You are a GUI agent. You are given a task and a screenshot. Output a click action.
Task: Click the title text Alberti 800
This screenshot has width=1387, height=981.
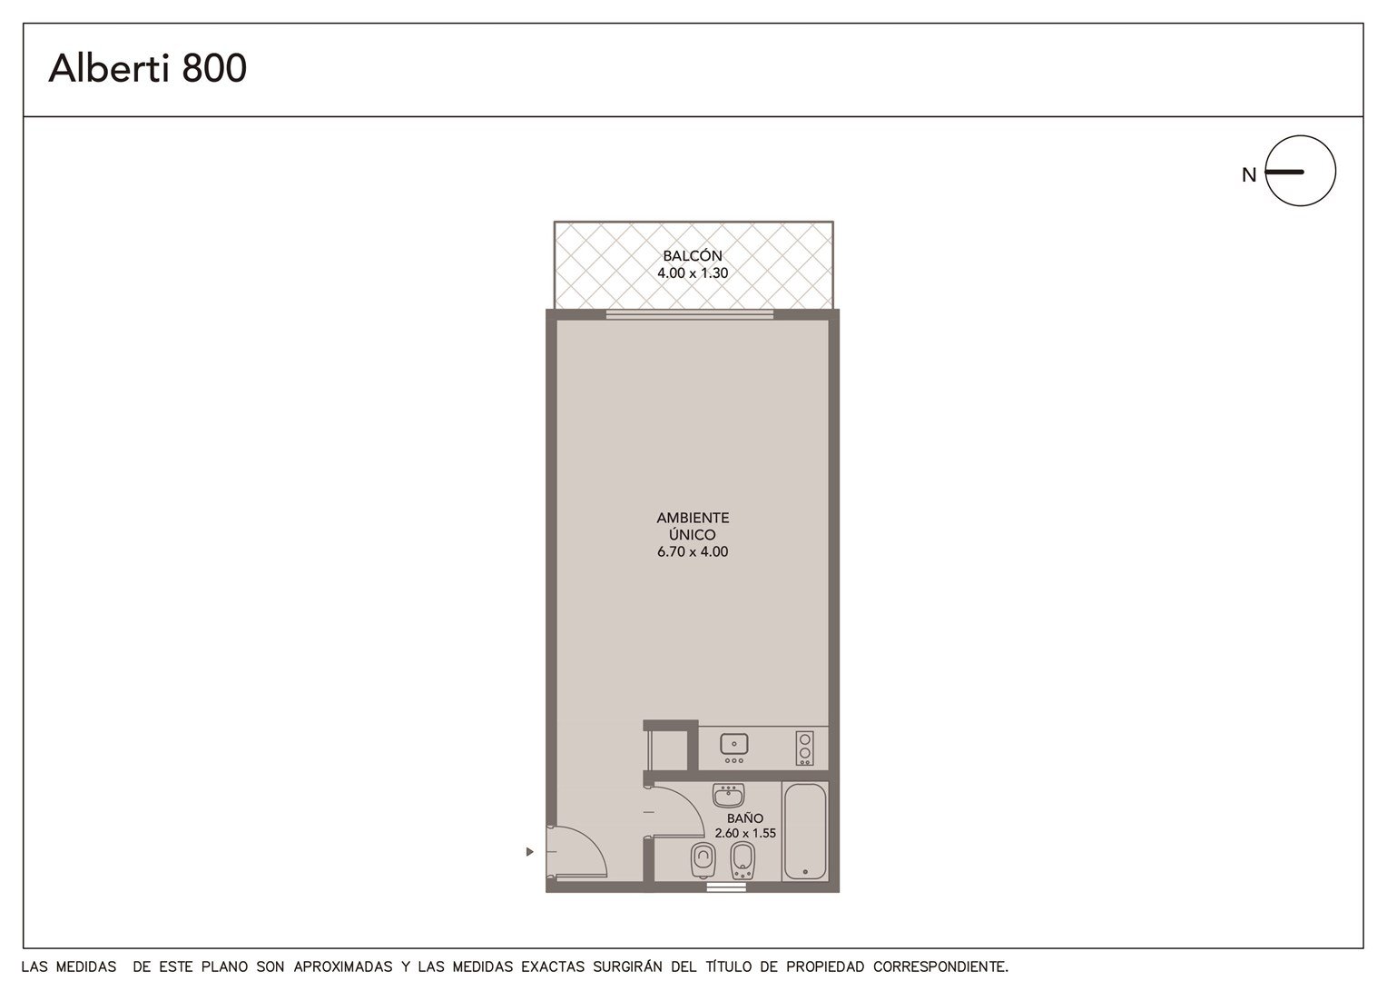(x=147, y=67)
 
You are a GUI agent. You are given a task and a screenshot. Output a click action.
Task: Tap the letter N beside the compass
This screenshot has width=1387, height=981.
(x=1249, y=175)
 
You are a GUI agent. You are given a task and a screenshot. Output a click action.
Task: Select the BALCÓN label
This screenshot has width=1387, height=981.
(x=693, y=255)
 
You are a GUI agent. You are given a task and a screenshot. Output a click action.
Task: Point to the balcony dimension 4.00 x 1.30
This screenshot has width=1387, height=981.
(x=693, y=272)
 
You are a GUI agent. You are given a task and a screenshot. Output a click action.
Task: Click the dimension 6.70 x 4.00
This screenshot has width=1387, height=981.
(x=693, y=551)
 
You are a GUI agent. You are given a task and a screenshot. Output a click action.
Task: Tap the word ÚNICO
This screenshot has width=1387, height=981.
(x=693, y=534)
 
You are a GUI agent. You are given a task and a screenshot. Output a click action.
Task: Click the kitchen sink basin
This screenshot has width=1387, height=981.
(x=733, y=744)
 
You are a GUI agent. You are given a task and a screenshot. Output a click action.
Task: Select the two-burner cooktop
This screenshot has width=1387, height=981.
(x=804, y=748)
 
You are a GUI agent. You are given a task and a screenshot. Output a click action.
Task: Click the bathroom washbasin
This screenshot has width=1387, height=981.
(x=728, y=795)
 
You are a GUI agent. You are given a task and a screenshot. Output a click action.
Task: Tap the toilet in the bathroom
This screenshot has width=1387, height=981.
(x=703, y=860)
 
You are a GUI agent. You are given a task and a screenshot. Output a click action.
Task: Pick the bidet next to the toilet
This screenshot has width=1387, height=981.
(x=743, y=860)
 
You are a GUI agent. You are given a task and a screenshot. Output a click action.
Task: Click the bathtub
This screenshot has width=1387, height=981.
(x=804, y=832)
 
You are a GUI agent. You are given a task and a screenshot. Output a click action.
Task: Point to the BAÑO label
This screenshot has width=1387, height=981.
(x=745, y=818)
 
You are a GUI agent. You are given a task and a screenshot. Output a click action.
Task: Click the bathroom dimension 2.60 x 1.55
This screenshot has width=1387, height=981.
(x=745, y=834)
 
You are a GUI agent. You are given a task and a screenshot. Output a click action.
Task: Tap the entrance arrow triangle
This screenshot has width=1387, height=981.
(x=529, y=851)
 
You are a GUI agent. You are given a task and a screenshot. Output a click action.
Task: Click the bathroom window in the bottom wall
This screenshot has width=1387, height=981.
(x=726, y=887)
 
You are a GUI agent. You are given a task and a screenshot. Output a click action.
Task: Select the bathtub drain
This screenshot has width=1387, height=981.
(x=805, y=871)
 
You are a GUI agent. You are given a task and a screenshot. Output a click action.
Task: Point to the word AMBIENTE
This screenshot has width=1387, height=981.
(x=693, y=518)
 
